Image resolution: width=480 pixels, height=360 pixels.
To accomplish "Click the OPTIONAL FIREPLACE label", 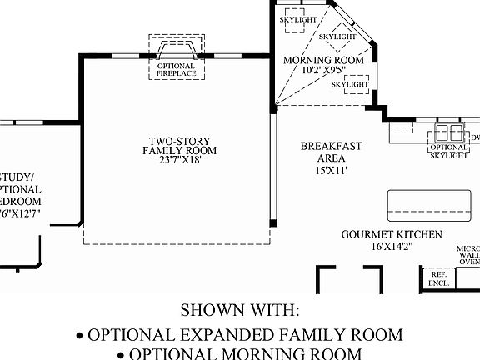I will point(176,70).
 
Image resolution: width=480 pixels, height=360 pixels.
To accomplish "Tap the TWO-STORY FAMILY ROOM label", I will point(179,146).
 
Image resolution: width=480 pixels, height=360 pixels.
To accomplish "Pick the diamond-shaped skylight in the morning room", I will point(338,37).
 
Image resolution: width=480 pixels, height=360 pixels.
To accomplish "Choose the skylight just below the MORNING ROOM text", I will point(350,85).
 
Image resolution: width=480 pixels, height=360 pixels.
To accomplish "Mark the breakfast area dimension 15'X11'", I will point(331,169).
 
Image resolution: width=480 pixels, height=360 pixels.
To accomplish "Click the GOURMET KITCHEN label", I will point(392,235).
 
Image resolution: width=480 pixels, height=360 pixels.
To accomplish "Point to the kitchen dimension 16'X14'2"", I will point(392,247).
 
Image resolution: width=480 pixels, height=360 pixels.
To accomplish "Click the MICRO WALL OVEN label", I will point(467,256).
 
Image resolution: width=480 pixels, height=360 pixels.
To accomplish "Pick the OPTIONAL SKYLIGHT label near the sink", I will point(448,152).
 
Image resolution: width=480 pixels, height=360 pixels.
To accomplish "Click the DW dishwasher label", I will point(475,137).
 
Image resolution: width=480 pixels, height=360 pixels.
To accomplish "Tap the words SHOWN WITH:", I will point(239,311).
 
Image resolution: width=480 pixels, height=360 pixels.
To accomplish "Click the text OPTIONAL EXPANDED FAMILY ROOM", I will point(239,335).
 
